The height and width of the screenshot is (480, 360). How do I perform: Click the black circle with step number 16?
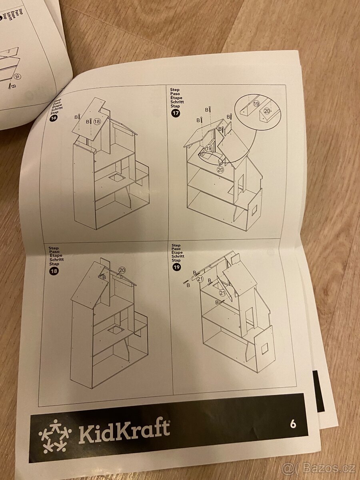(x=53, y=118)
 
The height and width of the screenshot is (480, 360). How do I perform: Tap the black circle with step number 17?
(x=175, y=113)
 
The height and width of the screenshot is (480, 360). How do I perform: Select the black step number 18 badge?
(x=53, y=272)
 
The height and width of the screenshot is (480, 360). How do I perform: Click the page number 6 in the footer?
(x=293, y=424)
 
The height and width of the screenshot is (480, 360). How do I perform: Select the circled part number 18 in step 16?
(x=97, y=121)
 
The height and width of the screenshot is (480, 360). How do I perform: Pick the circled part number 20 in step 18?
(x=122, y=270)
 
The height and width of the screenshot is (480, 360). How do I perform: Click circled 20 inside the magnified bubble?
(x=267, y=111)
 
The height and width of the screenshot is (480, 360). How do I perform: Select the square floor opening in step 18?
(x=115, y=330)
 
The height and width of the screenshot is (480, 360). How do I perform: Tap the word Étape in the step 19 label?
(x=176, y=253)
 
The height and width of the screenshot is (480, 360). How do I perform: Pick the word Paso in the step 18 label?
(x=53, y=252)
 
